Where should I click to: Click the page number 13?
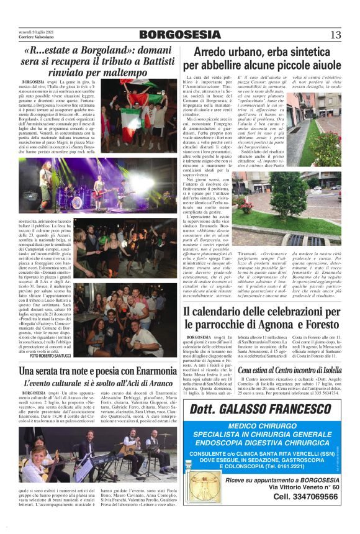click(x=335, y=34)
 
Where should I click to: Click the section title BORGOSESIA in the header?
click(x=179, y=34)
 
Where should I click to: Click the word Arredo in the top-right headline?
click(x=215, y=52)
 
